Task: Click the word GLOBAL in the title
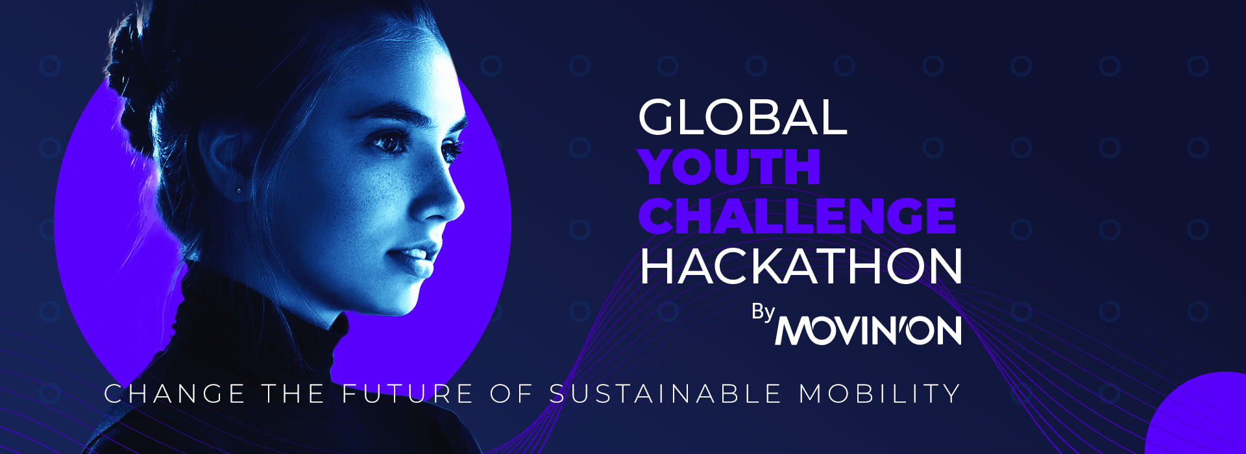(742, 117)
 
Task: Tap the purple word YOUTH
(730, 167)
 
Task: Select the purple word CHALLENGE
(798, 216)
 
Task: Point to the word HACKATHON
(801, 266)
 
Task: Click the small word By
(763, 313)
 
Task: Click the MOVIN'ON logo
(868, 330)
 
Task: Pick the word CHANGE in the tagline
(175, 394)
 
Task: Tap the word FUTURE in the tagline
(408, 394)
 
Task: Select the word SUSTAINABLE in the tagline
(666, 394)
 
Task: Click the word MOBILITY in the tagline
(879, 394)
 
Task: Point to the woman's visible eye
(391, 142)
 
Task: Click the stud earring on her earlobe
(239, 190)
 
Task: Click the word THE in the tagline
(293, 394)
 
